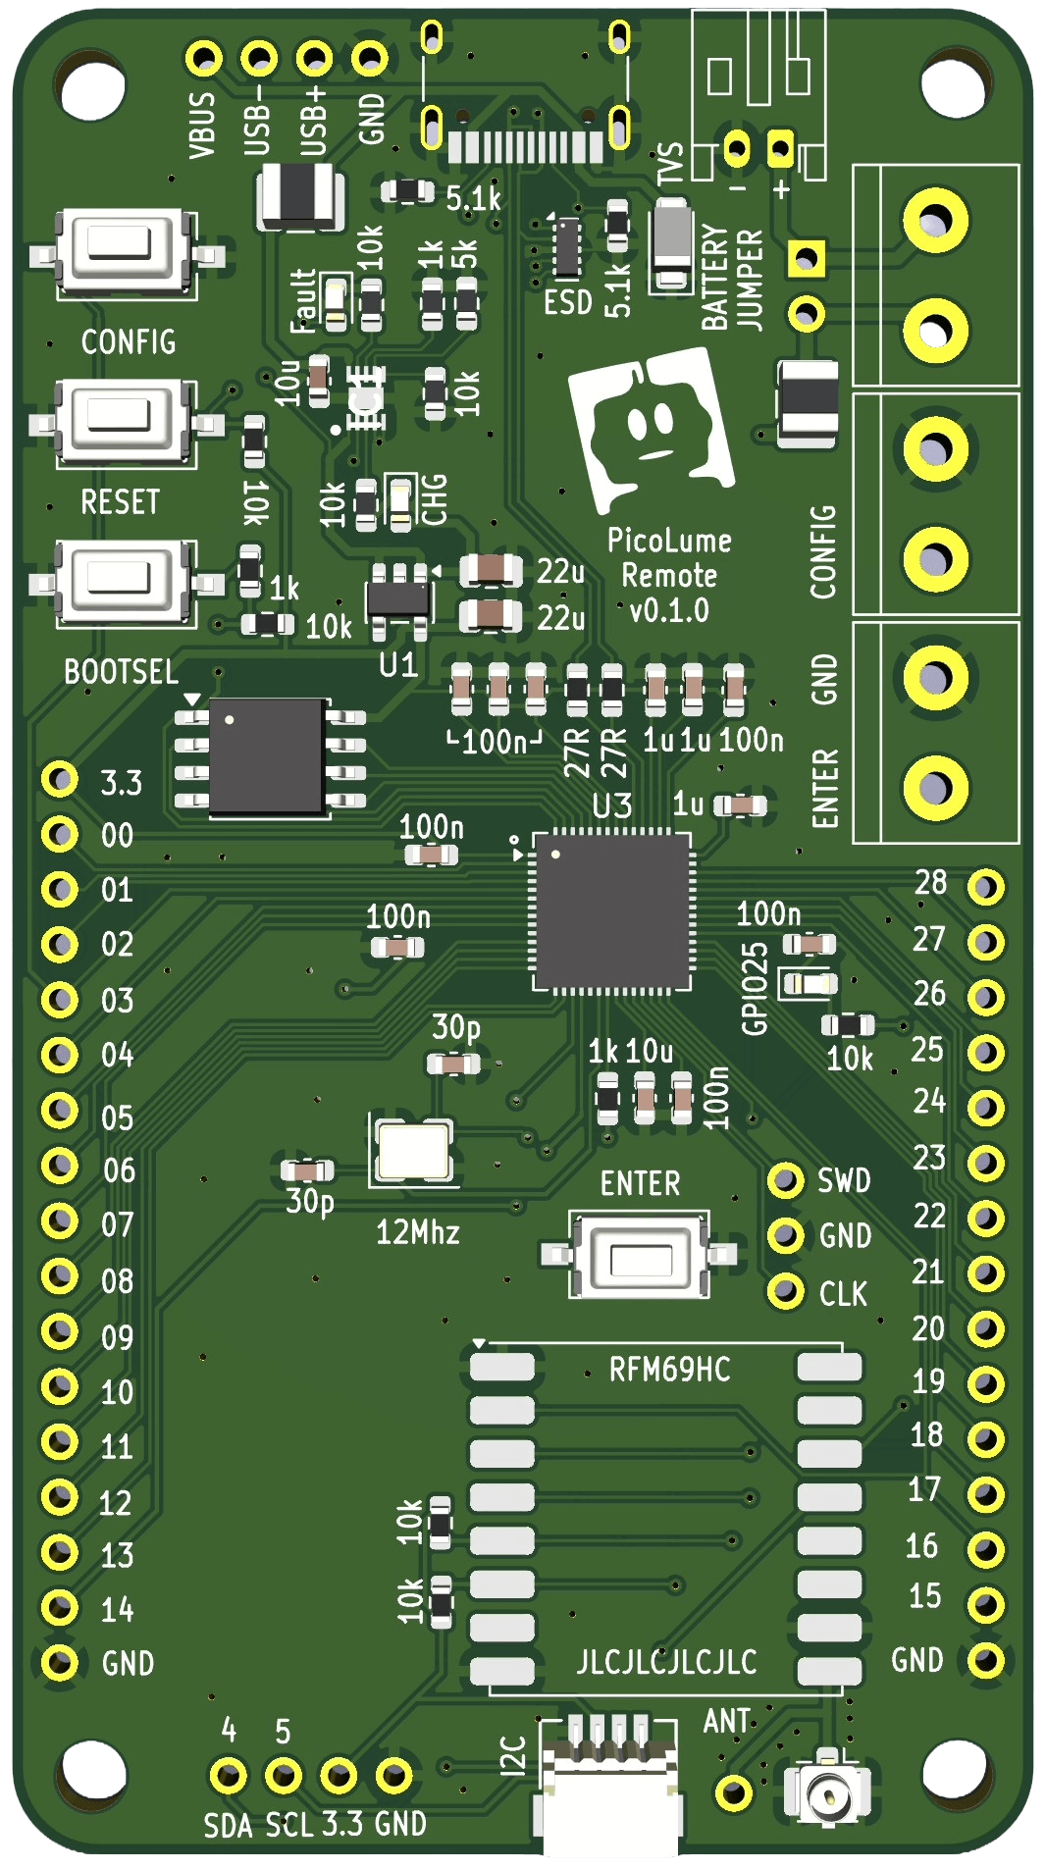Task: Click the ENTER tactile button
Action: [x=641, y=1255]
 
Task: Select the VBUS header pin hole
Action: [x=204, y=59]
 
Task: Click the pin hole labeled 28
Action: [x=985, y=887]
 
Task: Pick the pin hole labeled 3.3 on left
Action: [x=60, y=780]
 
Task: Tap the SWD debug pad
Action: [x=785, y=1179]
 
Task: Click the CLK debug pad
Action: [x=785, y=1291]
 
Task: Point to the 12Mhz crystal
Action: [x=413, y=1151]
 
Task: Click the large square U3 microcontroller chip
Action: [x=611, y=910]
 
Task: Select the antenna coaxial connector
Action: [x=827, y=1794]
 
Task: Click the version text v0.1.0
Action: [x=669, y=610]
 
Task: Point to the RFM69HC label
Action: [x=669, y=1370]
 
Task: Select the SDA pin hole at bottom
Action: [x=229, y=1775]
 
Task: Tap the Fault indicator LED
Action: [x=336, y=300]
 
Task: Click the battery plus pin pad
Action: [x=780, y=149]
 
